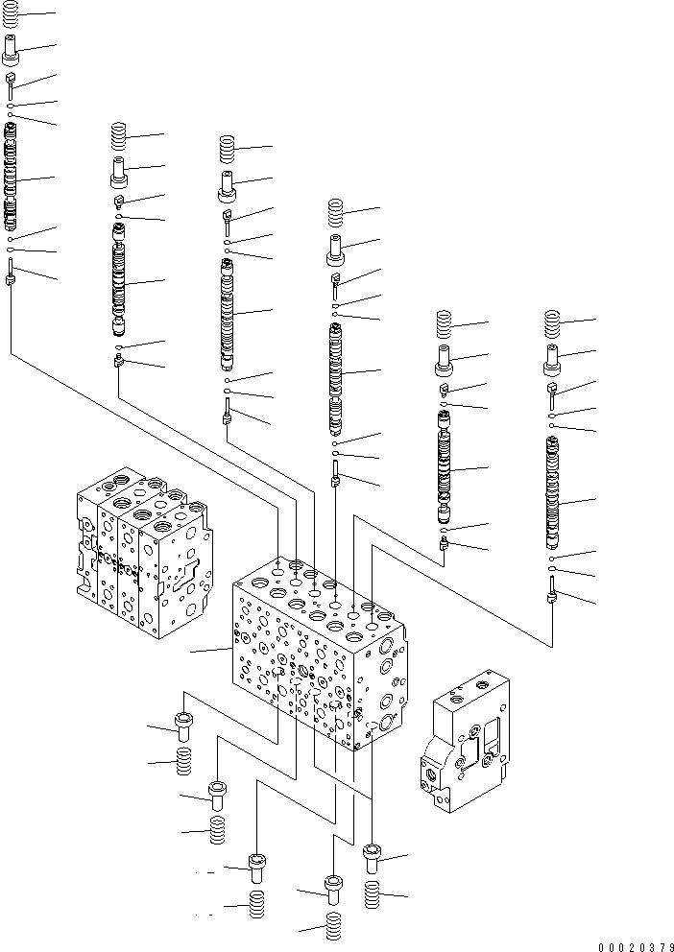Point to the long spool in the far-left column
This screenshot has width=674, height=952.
coord(12,178)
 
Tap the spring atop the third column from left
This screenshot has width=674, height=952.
coord(228,149)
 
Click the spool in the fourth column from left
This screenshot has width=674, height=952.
coord(336,374)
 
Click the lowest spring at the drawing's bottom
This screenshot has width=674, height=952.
coord(333,929)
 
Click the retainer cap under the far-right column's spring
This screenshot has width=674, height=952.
coord(553,360)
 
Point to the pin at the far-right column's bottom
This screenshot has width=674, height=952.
coord(553,590)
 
